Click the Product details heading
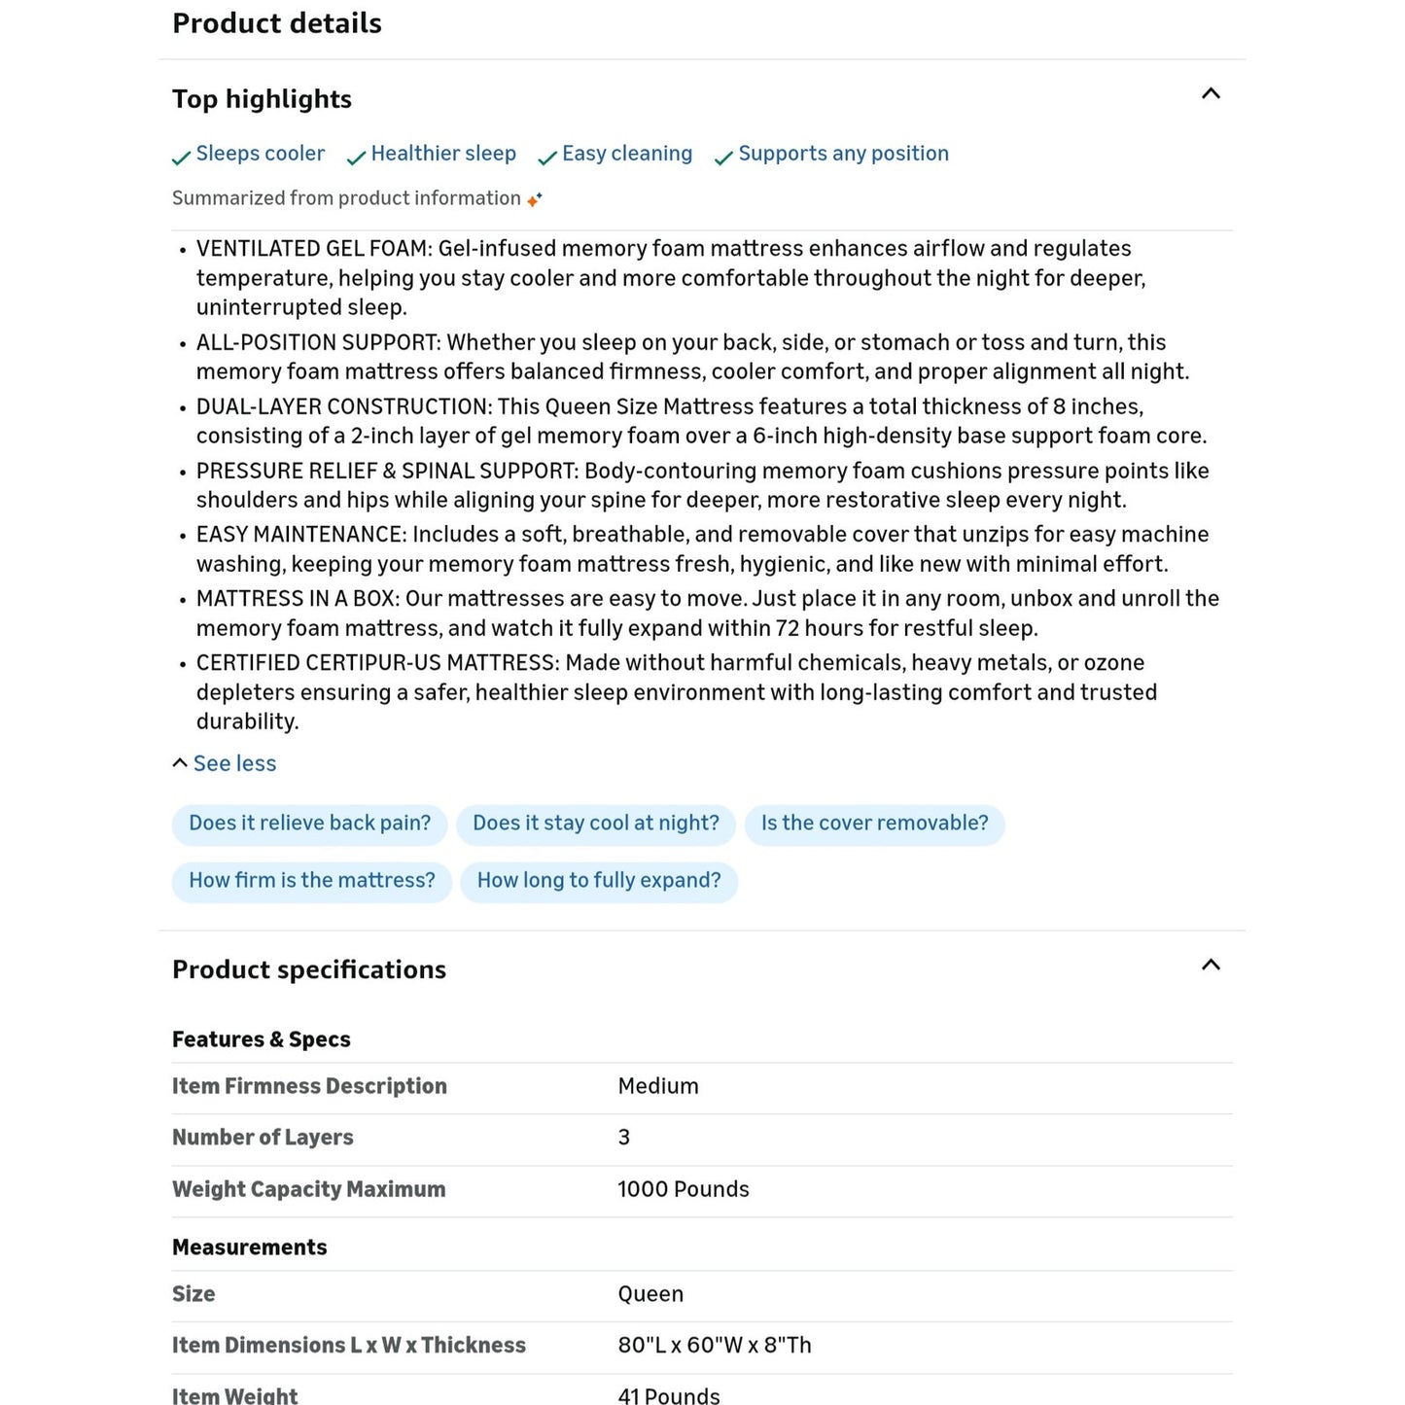(277, 23)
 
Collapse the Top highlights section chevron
(1211, 94)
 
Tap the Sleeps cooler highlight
(260, 154)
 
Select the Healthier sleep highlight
(442, 154)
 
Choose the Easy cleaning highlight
(626, 154)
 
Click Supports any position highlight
(843, 154)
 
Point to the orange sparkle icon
(534, 199)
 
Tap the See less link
(234, 763)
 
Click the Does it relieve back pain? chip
(309, 824)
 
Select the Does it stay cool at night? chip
(595, 824)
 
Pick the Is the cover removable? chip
(874, 824)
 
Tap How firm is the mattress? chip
(311, 881)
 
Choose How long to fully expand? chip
(598, 881)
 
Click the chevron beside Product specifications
(1211, 966)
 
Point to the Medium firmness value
(658, 1086)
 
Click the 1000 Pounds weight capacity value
(684, 1189)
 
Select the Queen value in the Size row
(650, 1294)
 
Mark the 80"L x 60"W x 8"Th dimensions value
(715, 1346)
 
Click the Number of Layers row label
(263, 1138)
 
